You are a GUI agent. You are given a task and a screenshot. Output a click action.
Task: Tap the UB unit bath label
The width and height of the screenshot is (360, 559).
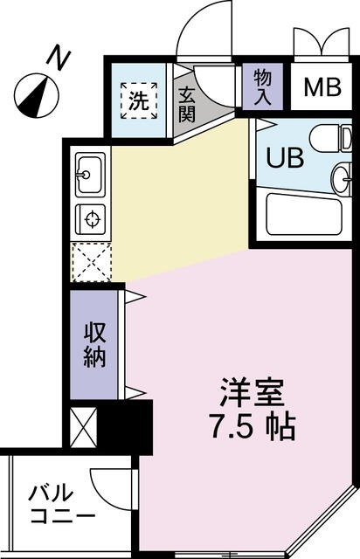coord(282,160)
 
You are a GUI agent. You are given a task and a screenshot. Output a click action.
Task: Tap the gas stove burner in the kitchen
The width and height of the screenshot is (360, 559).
coord(90,217)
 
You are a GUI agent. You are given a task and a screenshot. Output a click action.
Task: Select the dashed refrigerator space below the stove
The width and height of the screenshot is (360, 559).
coord(90,260)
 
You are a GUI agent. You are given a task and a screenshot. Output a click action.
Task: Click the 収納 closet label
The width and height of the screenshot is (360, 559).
coord(94,344)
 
